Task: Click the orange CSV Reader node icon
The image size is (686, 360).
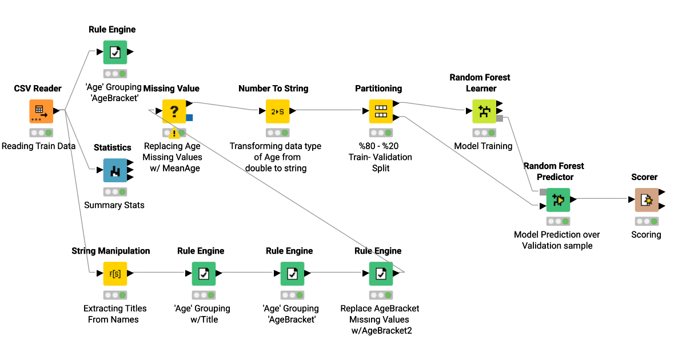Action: point(41,111)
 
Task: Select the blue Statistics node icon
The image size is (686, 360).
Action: point(115,170)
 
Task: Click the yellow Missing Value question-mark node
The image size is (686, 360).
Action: point(174,111)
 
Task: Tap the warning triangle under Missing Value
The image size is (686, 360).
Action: point(174,133)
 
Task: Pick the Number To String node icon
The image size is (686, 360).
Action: point(277,111)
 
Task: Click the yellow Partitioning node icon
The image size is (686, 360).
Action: point(380,111)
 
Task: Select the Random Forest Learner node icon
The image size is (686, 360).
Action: point(484,111)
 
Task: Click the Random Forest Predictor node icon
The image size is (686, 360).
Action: point(558,200)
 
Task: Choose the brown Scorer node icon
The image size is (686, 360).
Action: point(647,200)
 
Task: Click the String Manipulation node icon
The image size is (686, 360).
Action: point(115,274)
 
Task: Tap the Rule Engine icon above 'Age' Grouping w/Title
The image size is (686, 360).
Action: point(204,274)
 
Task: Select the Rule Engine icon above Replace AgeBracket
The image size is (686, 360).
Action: point(381,274)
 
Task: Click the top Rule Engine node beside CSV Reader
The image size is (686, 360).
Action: point(115,52)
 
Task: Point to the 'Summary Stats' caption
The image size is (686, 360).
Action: point(114,205)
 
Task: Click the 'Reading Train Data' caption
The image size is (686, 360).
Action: point(38,146)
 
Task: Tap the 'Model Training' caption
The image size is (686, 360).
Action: point(483,146)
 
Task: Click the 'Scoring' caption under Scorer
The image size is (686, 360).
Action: point(646,234)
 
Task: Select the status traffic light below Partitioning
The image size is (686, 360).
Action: point(380,133)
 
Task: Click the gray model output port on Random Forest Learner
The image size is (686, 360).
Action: point(500,118)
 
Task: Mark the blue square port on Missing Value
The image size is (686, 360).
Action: point(190,118)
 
